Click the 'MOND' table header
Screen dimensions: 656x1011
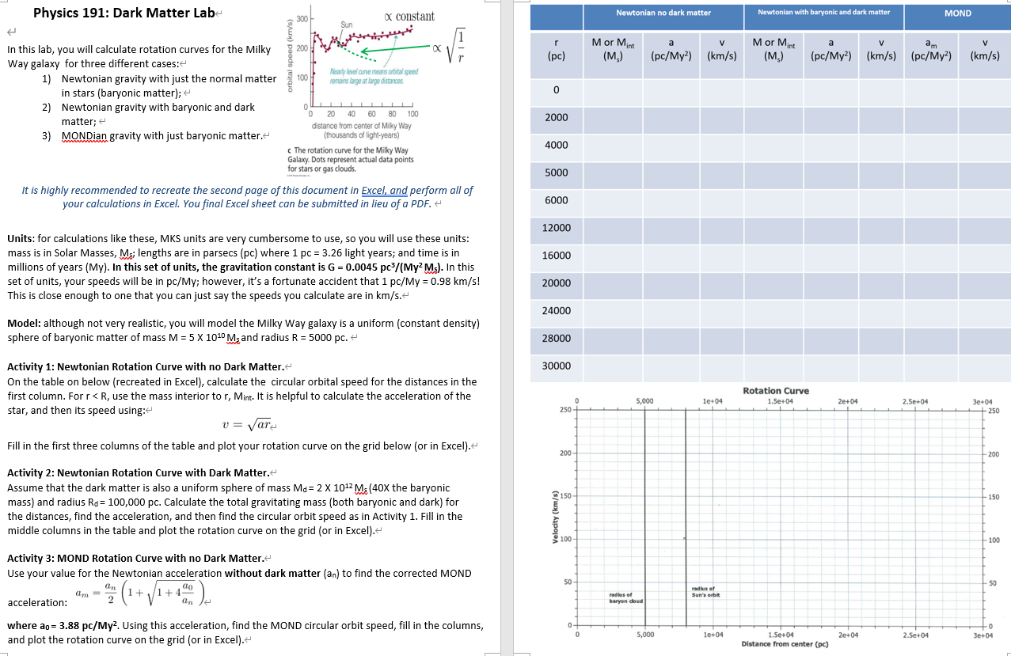(957, 13)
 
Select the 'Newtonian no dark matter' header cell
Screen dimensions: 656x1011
(663, 13)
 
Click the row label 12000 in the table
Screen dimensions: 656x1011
(556, 228)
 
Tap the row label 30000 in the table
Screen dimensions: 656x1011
(556, 366)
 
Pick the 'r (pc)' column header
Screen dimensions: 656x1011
(556, 49)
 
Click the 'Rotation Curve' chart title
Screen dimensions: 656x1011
(775, 391)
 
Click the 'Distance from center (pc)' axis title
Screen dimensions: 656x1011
(785, 644)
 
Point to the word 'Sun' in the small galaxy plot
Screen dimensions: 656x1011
(346, 25)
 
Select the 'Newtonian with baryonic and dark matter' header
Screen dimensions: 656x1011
(823, 13)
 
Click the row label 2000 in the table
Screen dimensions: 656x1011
(556, 118)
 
